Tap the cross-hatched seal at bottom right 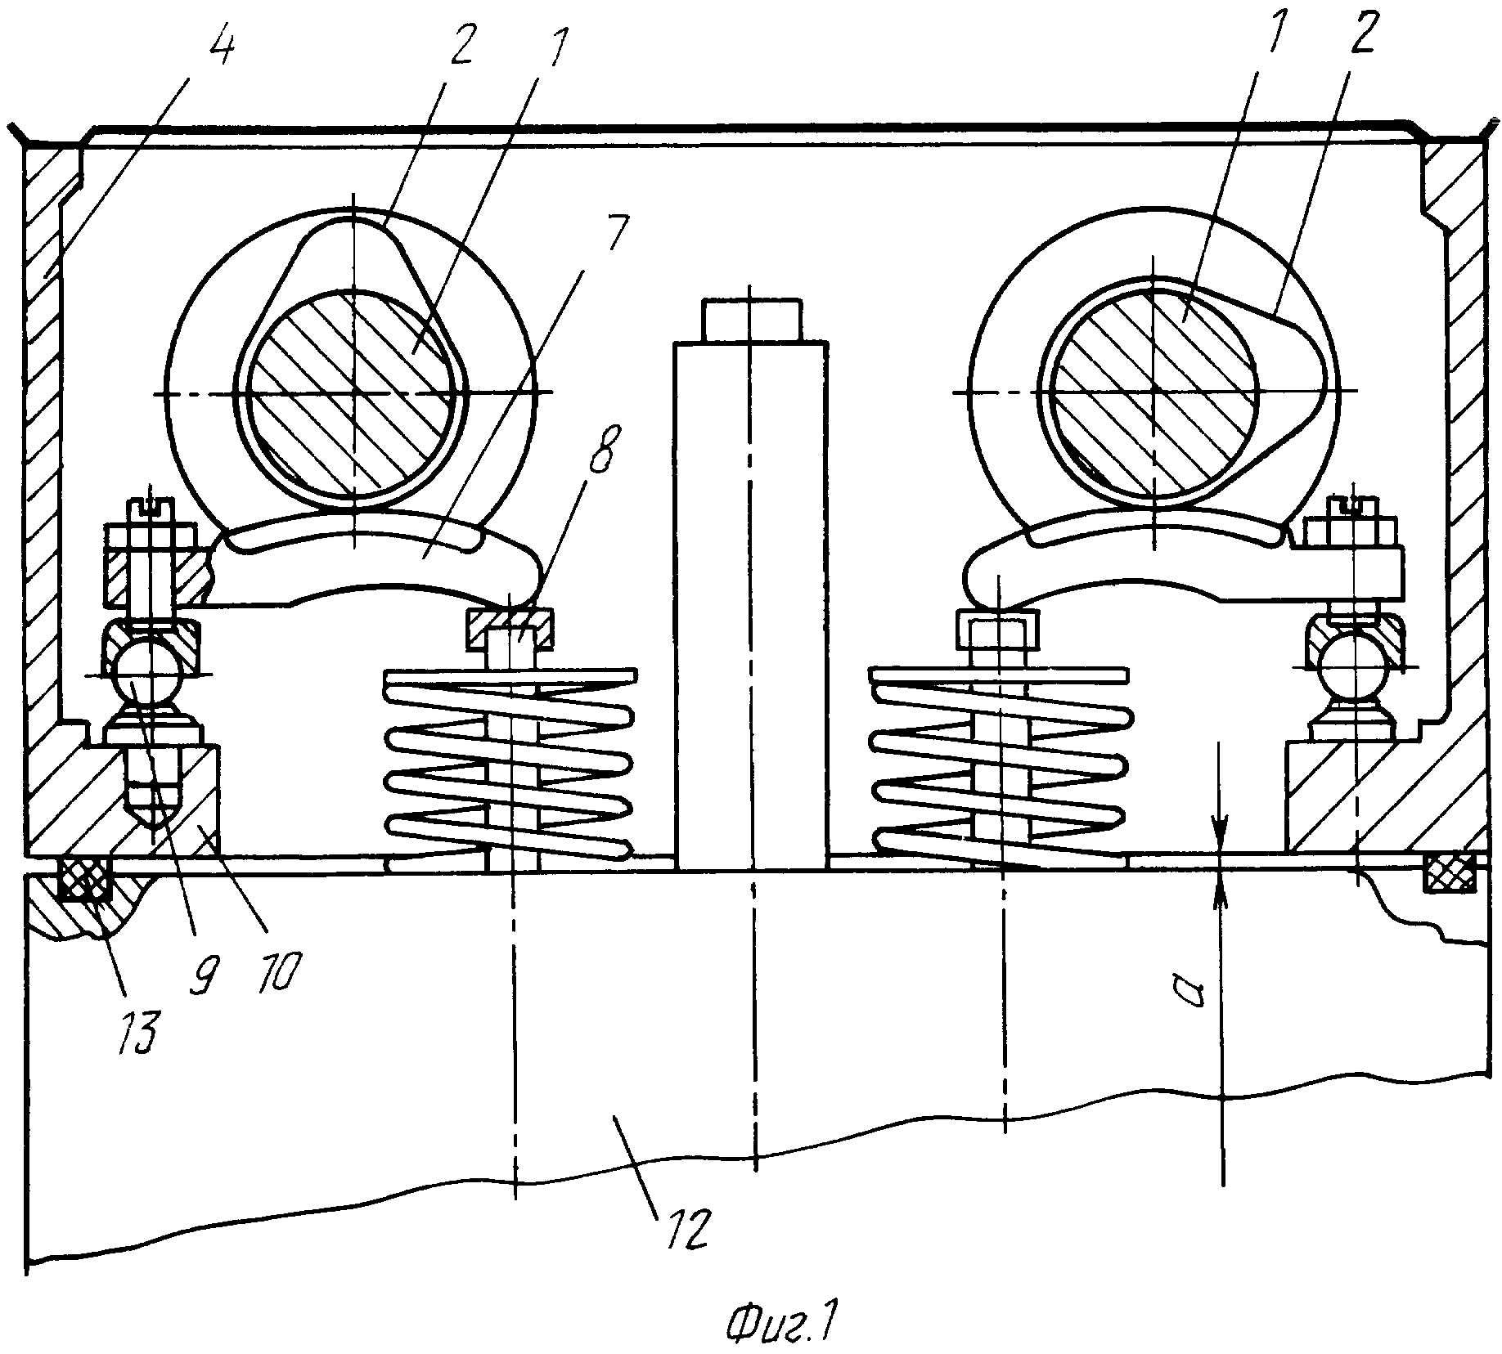(1451, 872)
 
